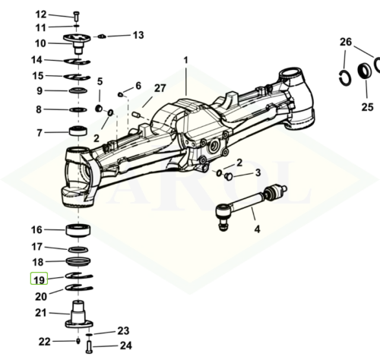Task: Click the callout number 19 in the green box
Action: pyautogui.click(x=39, y=280)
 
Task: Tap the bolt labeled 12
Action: pyautogui.click(x=77, y=16)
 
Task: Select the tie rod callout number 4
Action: pyautogui.click(x=257, y=229)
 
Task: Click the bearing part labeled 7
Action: pyautogui.click(x=78, y=131)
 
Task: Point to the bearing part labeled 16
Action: pyautogui.click(x=78, y=230)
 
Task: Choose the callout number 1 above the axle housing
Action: pyautogui.click(x=186, y=60)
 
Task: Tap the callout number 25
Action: pyautogui.click(x=367, y=107)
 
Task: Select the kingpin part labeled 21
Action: pyautogui.click(x=79, y=314)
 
